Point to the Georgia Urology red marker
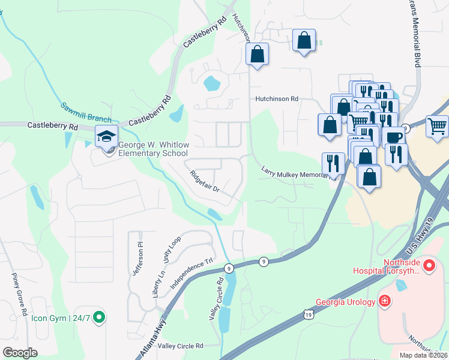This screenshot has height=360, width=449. [385, 302]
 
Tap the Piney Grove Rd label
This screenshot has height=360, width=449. [20, 295]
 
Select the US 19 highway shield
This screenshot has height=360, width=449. [308, 314]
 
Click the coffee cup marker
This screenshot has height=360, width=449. [394, 137]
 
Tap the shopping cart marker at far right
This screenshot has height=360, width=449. [437, 126]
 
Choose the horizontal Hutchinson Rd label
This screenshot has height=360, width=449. [276, 98]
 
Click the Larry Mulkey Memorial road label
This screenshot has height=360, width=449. [297, 173]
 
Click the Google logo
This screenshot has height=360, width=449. [20, 352]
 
